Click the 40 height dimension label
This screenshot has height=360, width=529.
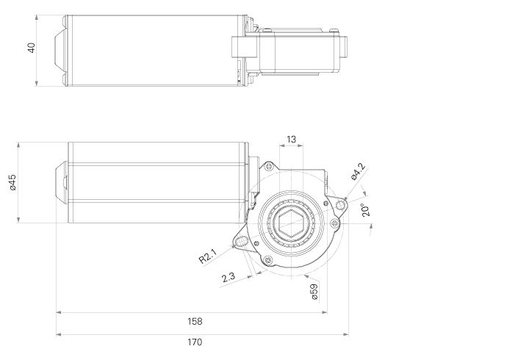[31, 48]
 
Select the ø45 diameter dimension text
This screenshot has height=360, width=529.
[12, 183]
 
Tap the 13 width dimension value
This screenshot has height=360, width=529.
[291, 139]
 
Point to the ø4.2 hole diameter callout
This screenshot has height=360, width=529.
[358, 170]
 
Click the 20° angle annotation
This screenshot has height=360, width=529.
[365, 209]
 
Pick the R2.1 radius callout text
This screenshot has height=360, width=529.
[207, 257]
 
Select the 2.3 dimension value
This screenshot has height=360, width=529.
[228, 278]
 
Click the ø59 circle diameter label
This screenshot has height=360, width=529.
[314, 291]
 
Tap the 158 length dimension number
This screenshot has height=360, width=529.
[195, 321]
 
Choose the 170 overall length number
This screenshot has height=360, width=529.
[195, 342]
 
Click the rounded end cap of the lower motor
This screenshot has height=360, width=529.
[62, 182]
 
